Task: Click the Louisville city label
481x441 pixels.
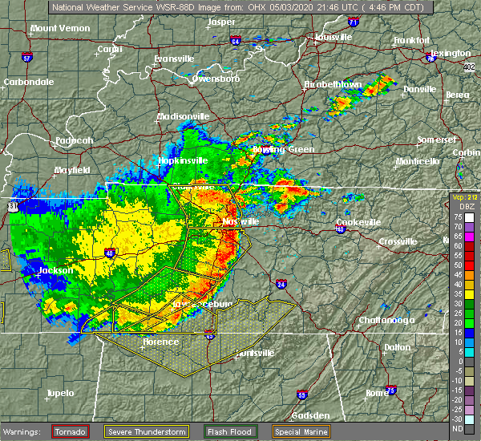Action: [333, 38]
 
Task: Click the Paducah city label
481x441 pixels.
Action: [73, 140]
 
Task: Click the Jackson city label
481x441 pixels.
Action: [55, 270]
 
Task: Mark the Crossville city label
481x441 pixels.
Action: [398, 241]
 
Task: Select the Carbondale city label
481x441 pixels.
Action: [29, 82]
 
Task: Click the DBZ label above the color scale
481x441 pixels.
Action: [459, 205]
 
